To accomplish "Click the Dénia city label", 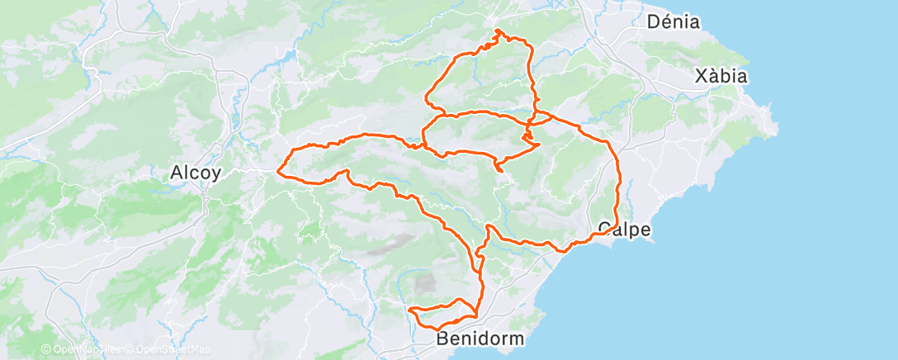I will (x=673, y=22).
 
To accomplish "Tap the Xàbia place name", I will (x=721, y=77).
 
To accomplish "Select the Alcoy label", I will (x=195, y=173).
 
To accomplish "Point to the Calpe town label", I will (x=625, y=229).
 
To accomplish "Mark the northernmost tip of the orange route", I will (x=499, y=31).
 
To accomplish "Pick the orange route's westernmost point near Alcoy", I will (x=278, y=173).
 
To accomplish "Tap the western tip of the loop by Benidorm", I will (x=410, y=310).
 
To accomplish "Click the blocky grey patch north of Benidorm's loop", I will (x=425, y=284).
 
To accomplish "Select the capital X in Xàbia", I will (x=701, y=77).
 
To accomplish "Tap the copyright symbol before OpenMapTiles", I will (x=46, y=350).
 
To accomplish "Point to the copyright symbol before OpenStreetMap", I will (x=130, y=350).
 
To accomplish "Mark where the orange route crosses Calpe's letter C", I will (x=603, y=233).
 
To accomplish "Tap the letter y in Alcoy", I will (x=216, y=176).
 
